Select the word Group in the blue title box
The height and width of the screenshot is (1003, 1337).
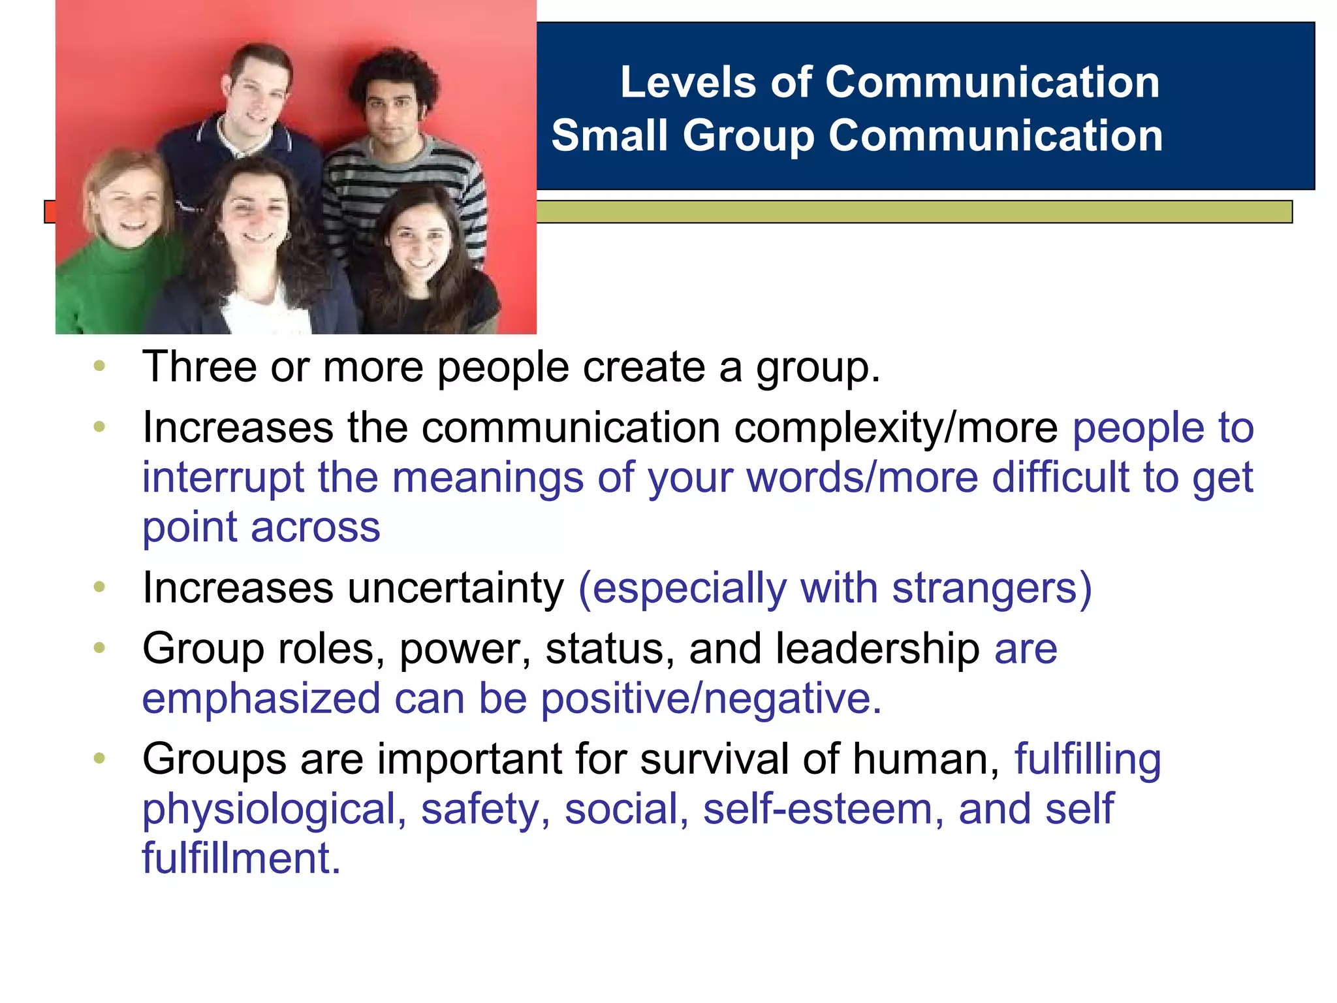tap(749, 137)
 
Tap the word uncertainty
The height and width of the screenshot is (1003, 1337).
tap(455, 588)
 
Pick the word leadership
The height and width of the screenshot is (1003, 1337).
tap(877, 649)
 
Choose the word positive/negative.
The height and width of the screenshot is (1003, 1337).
tap(711, 699)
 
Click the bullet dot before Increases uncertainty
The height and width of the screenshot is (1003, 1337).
tap(99, 587)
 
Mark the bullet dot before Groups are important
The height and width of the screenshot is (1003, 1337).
tap(99, 758)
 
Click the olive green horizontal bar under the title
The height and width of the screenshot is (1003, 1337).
tap(914, 212)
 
